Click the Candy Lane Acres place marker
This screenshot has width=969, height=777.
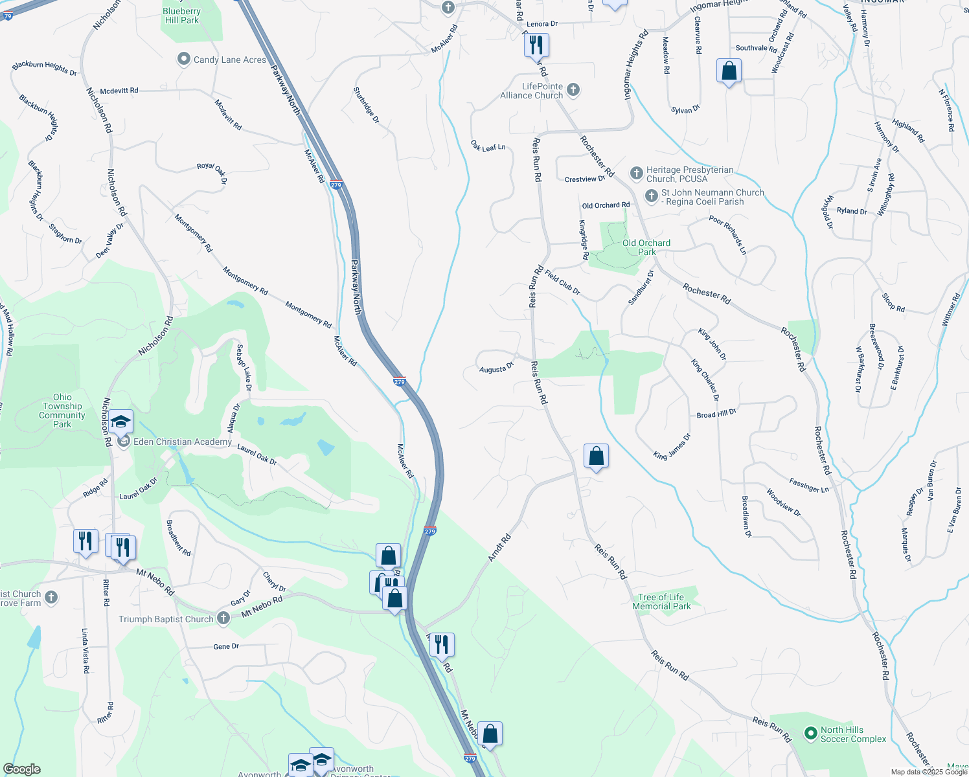183,60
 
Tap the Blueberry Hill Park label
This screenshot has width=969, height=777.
182,16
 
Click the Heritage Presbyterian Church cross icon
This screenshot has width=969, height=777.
637,174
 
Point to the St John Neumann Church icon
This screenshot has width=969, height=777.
652,196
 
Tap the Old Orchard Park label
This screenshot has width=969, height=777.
646,247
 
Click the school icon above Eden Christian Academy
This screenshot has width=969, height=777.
120,422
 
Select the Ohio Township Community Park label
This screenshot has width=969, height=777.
62,411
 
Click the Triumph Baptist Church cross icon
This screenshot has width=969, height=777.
223,618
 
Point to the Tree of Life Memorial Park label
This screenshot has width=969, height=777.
661,602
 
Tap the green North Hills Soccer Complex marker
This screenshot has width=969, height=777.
810,733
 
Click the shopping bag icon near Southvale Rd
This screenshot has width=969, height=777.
729,71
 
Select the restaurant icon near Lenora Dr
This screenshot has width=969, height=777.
536,45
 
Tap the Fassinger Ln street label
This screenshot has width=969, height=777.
808,485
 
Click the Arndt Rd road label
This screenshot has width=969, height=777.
499,548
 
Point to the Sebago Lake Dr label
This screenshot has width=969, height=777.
244,368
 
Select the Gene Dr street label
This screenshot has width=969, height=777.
226,646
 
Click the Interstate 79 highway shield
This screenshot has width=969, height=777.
8,15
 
